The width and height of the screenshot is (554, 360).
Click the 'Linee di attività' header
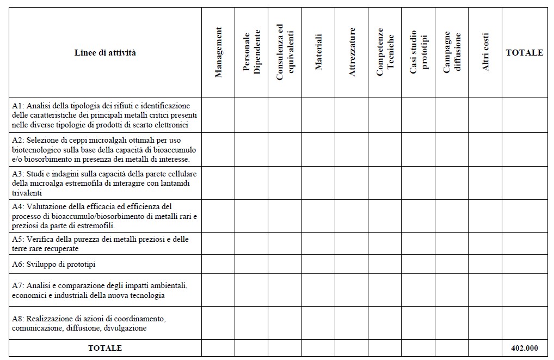(x=105, y=53)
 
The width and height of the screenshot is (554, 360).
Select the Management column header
(x=218, y=52)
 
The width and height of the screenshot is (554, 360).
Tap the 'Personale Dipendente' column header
(x=251, y=52)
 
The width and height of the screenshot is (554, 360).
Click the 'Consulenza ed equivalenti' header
(x=285, y=52)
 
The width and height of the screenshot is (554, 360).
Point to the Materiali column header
(x=318, y=52)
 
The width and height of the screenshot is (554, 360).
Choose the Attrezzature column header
(x=352, y=52)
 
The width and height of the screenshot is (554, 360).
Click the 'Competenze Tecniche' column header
(x=385, y=52)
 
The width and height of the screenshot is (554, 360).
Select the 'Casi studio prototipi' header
(x=418, y=52)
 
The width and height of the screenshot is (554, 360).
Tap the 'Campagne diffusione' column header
(x=452, y=52)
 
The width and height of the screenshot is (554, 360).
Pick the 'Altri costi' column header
(x=485, y=52)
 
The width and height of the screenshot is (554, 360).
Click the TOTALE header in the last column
(x=524, y=53)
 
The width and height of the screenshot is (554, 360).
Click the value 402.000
(x=524, y=348)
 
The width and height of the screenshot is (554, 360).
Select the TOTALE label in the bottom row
(x=105, y=348)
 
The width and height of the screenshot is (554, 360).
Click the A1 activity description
(x=104, y=115)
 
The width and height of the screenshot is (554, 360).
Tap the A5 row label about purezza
(x=100, y=243)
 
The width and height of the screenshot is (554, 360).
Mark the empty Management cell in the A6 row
(x=218, y=264)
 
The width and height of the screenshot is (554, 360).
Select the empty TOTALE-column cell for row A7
(x=524, y=290)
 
